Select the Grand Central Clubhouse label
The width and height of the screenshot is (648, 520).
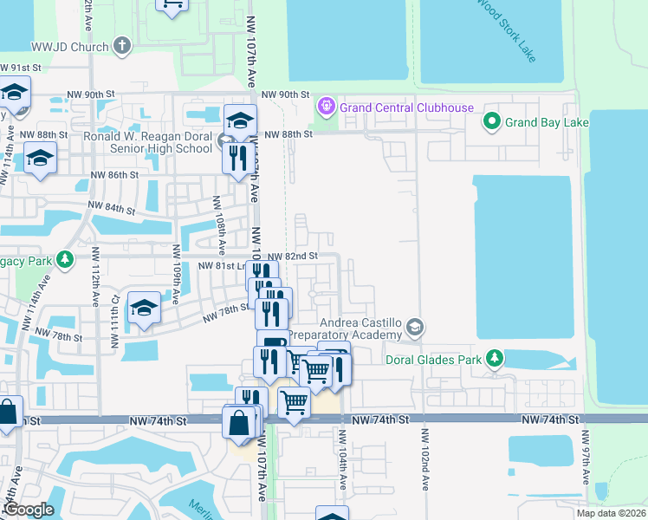pyautogui.click(x=406, y=107)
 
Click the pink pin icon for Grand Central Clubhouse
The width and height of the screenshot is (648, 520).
pyautogui.click(x=326, y=107)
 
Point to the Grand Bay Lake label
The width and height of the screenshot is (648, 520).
pyautogui.click(x=548, y=122)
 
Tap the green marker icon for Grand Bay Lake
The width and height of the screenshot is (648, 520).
pyautogui.click(x=492, y=121)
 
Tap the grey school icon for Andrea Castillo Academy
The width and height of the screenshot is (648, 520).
pyautogui.click(x=417, y=327)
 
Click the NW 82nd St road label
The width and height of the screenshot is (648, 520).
pyautogui.click(x=293, y=257)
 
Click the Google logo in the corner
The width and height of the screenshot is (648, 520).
pyautogui.click(x=29, y=510)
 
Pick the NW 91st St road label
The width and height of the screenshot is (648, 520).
pyautogui.click(x=21, y=68)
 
